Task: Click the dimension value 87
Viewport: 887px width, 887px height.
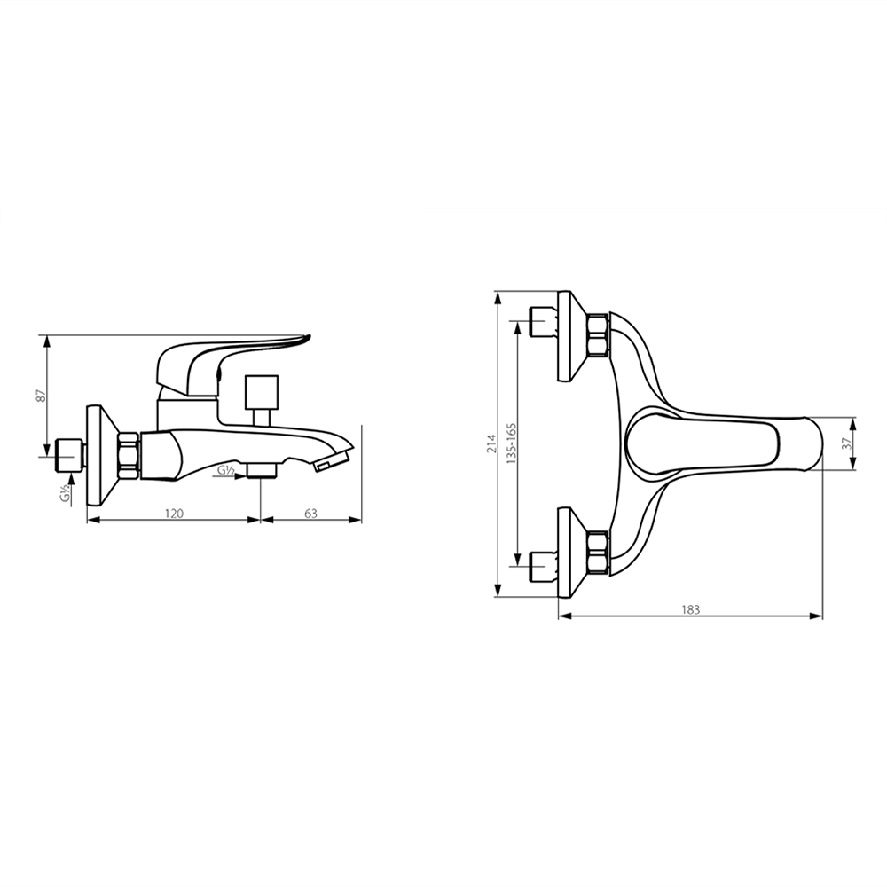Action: coord(40,396)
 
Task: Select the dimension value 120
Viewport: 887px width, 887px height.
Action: coord(174,513)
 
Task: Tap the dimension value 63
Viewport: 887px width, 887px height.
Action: coord(311,513)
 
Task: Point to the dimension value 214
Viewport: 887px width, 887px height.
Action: coord(491,444)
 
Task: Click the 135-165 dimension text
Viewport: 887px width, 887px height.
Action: coord(512,443)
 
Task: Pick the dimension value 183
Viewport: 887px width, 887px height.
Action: coord(690,609)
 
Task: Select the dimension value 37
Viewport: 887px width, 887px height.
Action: coord(846,444)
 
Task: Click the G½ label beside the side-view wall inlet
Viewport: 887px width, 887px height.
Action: coord(67,494)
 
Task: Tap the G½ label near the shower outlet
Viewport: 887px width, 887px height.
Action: coord(227,469)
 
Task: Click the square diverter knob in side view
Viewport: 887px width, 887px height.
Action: coord(262,391)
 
